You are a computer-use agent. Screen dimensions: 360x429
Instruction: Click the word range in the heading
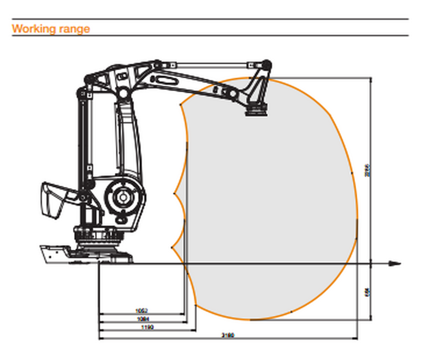[76, 28]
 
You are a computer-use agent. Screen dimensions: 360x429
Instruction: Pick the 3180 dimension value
[227, 335]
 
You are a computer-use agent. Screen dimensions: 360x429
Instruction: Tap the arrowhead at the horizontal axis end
[395, 262]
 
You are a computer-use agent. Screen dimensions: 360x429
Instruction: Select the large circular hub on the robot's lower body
[123, 197]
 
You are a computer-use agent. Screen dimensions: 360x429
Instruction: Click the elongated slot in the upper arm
[165, 79]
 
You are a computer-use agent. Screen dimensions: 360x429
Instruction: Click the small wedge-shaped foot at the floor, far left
[54, 251]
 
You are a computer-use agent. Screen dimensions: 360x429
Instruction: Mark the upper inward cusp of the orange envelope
[175, 193]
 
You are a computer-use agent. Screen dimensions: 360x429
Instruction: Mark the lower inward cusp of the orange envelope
[175, 249]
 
